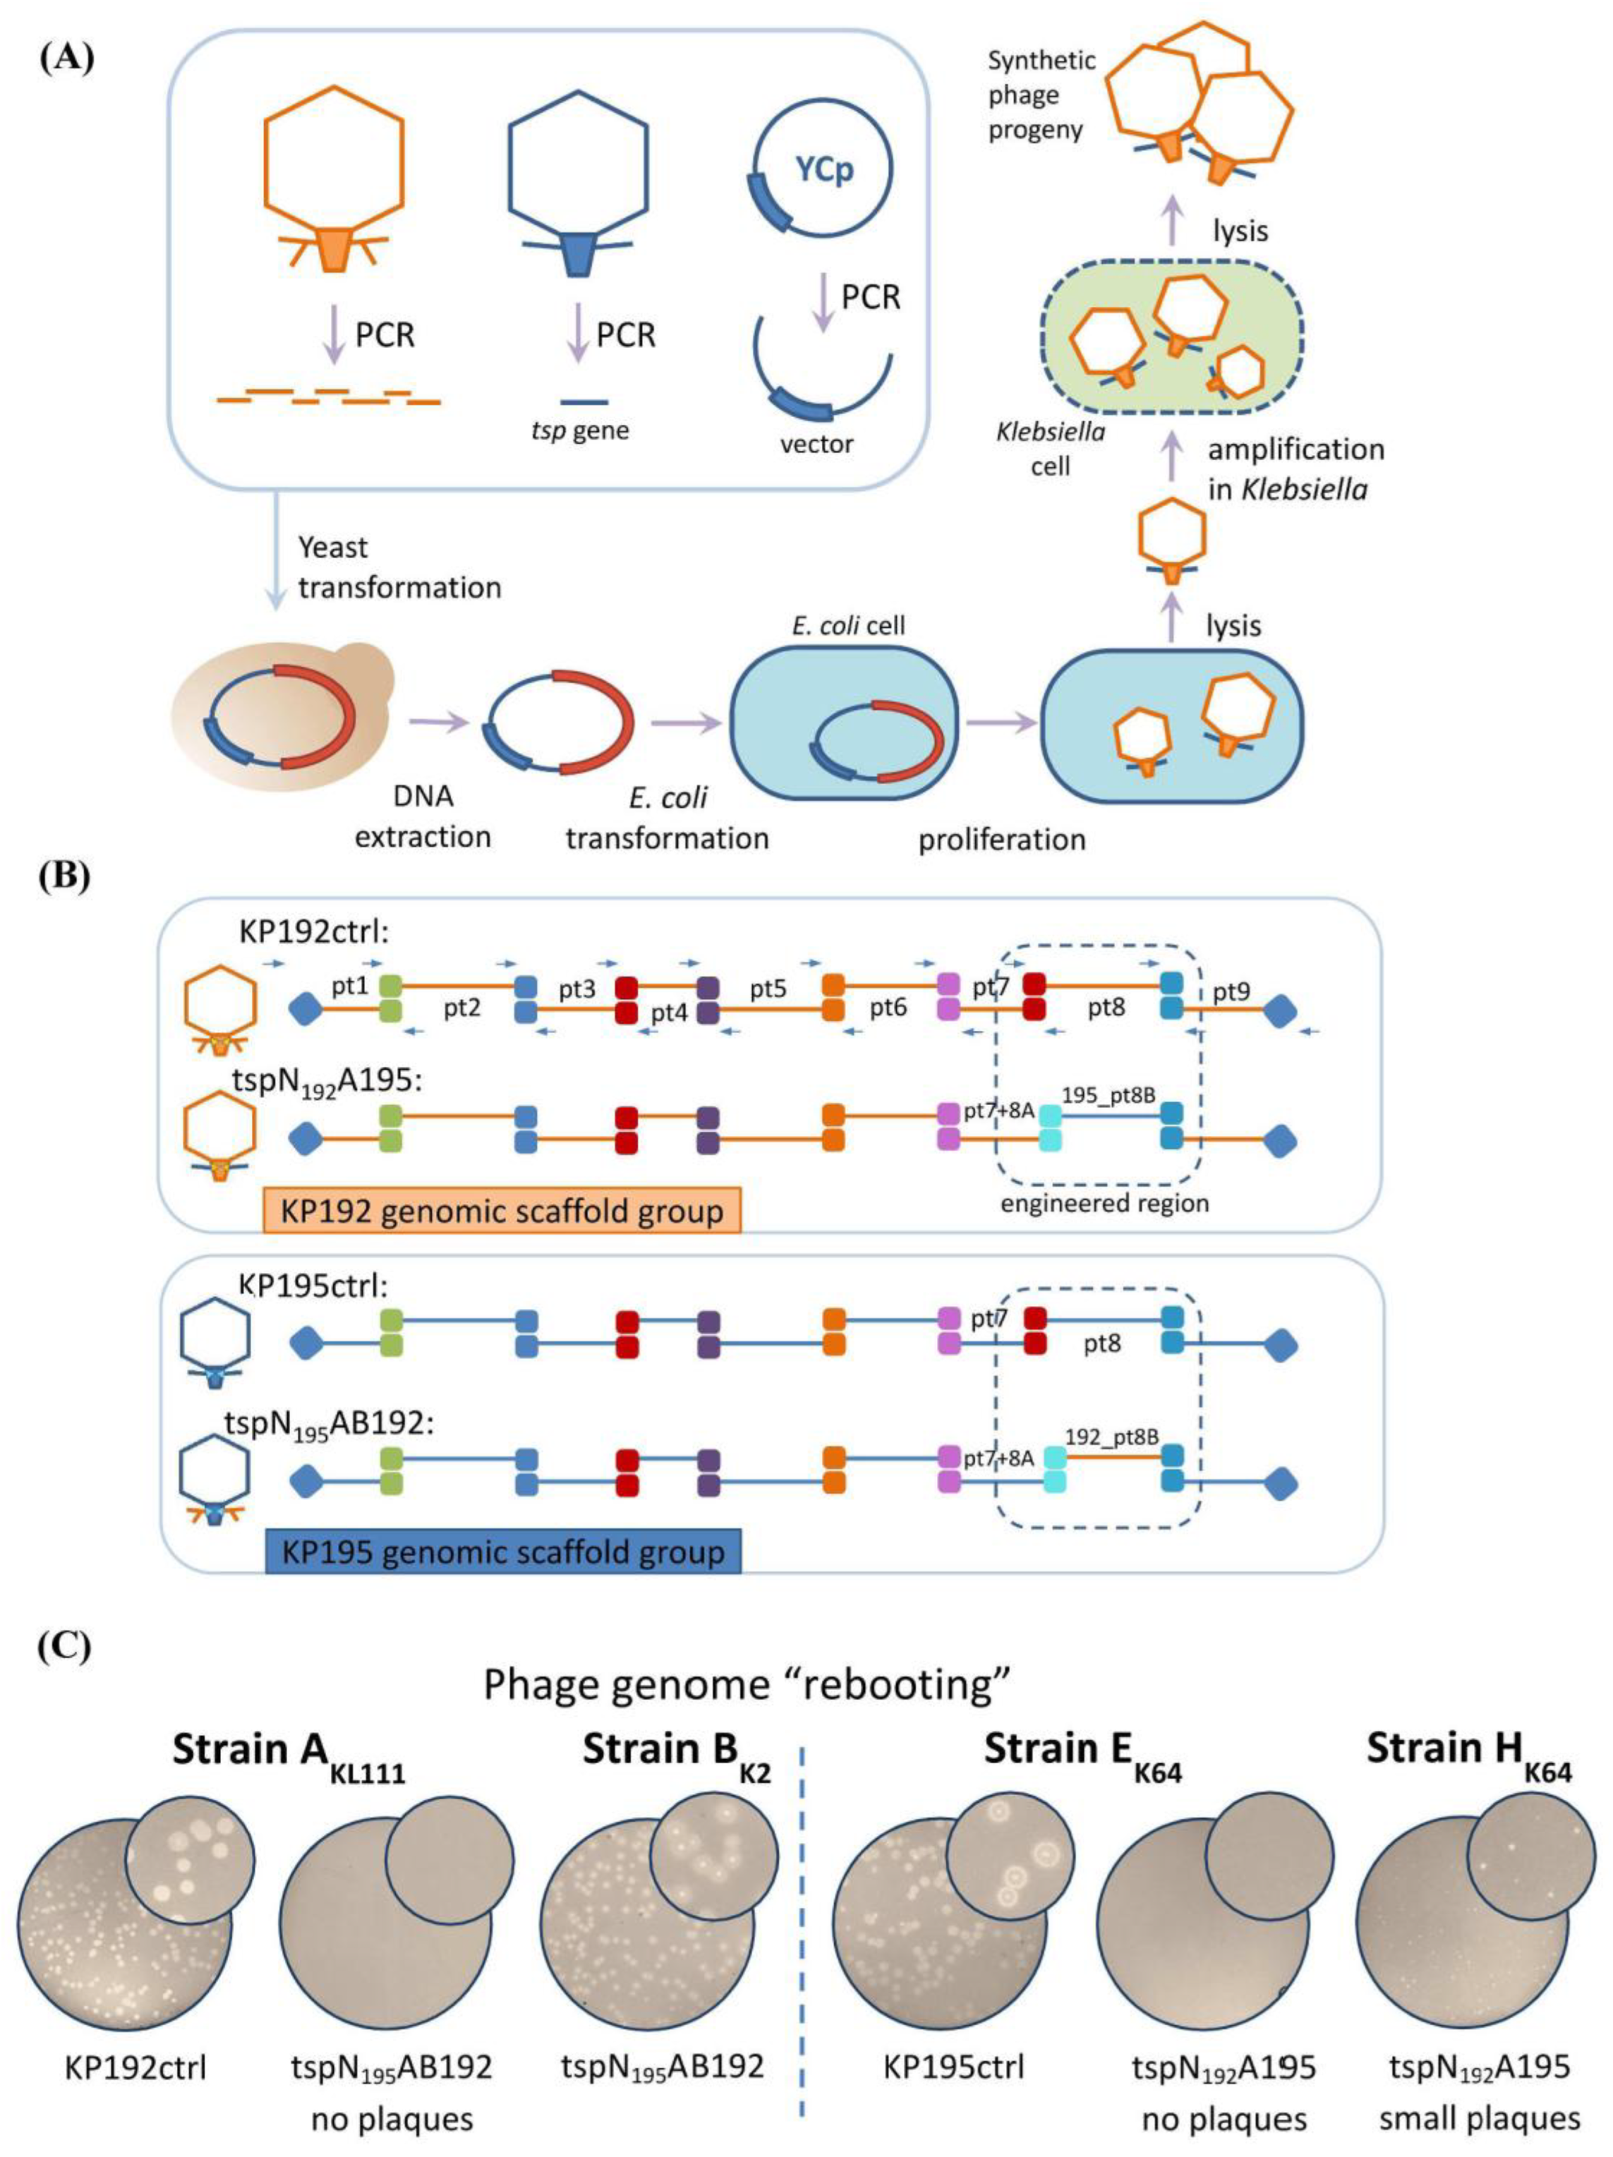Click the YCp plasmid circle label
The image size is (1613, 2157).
[x=824, y=170]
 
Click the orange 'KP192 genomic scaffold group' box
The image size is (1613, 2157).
[x=501, y=1210]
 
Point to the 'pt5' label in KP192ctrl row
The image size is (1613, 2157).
[x=768, y=988]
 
